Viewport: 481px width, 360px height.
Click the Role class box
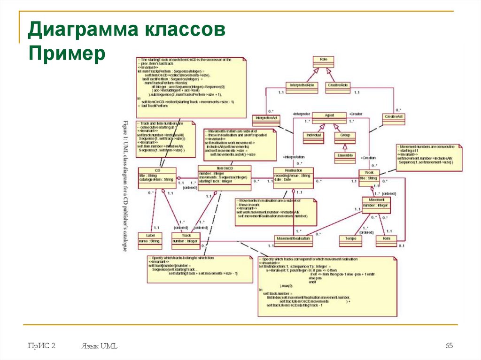[x=323, y=63]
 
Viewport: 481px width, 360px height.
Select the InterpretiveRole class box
[x=302, y=87]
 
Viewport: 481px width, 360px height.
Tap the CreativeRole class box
[x=338, y=87]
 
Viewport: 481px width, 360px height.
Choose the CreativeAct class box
[x=394, y=119]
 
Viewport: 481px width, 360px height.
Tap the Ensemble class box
[x=344, y=158]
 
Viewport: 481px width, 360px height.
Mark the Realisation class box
[x=293, y=177]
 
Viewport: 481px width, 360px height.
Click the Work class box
[x=369, y=176]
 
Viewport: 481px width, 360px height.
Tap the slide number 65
[x=450, y=346]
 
